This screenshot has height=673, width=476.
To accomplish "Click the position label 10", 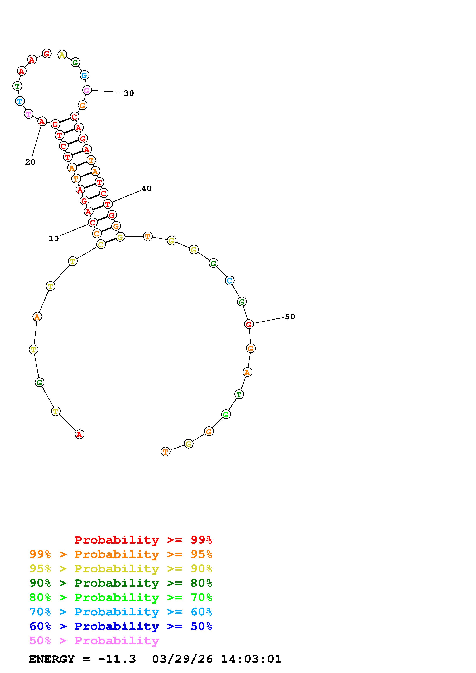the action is [54, 239].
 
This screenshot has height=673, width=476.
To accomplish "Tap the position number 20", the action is [30, 162].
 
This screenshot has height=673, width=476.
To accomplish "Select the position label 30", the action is [129, 93].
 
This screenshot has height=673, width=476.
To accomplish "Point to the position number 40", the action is [147, 188].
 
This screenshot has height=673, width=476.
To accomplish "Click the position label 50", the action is [290, 317].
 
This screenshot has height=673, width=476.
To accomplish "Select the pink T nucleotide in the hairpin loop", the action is [28, 114].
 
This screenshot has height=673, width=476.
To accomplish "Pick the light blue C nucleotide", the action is [230, 280].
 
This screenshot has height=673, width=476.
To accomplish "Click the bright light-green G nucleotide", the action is [226, 414].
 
